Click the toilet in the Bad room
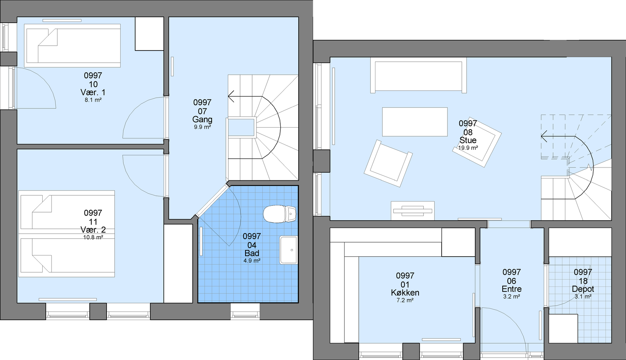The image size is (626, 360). click(280, 214)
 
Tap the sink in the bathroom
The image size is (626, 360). click(289, 250)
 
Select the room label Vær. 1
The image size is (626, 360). click(93, 92)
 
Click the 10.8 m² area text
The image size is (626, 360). click(93, 238)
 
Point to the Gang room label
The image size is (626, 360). click(202, 119)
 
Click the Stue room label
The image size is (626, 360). click(468, 140)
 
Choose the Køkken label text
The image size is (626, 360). click(405, 293)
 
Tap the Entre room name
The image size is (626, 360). click(511, 289)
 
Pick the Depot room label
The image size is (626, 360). click(583, 289)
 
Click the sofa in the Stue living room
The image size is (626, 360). click(419, 76)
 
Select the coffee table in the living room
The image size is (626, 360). click(415, 122)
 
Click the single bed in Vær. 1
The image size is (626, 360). click(72, 45)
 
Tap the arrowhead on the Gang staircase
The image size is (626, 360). click(231, 96)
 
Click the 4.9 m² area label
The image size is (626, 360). click(252, 261)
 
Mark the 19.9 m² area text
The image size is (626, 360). click(468, 148)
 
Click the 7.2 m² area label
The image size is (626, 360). click(405, 300)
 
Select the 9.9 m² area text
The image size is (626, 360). click(202, 127)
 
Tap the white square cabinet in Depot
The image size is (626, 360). click(563, 328)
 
